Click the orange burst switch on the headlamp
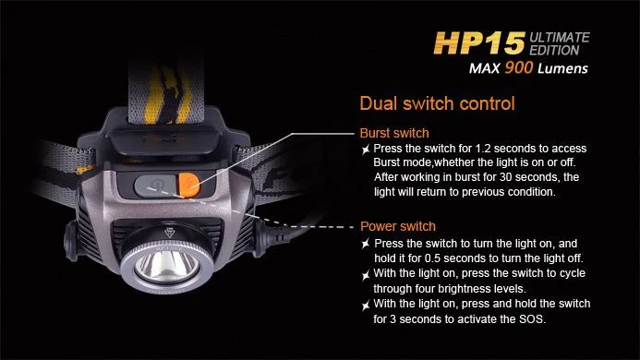coord(188,185)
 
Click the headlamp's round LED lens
coord(167,268)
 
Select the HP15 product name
coord(478,42)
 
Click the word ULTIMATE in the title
coord(559,38)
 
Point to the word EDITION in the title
coord(554,50)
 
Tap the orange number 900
coord(518,67)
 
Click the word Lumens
coord(562,68)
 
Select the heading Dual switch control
coord(437,103)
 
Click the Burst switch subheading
coord(394,133)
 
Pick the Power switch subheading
coord(398,226)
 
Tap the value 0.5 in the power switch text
coord(432,258)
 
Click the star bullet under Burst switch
coord(366,150)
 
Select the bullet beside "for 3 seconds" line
coord(366,306)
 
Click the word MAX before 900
coord(485,68)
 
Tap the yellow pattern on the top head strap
coord(168,95)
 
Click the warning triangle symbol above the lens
coord(169,233)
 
